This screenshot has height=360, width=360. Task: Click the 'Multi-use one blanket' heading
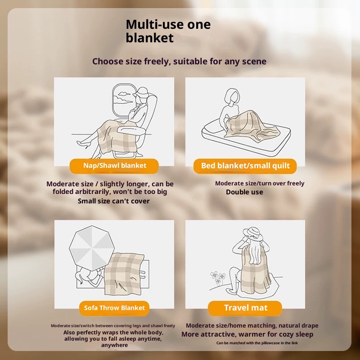click(168, 31)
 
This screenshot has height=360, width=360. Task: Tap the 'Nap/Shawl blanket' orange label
click(114, 166)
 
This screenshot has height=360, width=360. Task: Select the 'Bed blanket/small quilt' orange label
click(245, 166)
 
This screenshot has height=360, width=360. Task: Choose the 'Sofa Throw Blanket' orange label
click(114, 308)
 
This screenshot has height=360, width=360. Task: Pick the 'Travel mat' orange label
click(245, 308)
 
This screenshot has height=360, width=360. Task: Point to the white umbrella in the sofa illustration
click(92, 247)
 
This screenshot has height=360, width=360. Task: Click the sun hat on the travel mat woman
click(253, 234)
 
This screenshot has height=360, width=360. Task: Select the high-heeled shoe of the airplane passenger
click(83, 144)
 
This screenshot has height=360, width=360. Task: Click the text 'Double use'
click(244, 192)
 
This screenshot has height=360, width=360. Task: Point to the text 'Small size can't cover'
click(114, 201)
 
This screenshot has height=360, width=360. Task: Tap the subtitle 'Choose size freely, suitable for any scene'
click(179, 62)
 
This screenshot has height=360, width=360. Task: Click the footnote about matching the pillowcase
click(257, 343)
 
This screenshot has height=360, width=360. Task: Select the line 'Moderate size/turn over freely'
click(260, 183)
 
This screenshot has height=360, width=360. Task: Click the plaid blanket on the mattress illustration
click(252, 126)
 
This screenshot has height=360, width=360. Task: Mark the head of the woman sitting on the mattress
click(232, 96)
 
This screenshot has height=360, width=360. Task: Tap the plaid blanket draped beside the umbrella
click(124, 274)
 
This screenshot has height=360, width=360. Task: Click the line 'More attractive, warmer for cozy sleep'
click(247, 334)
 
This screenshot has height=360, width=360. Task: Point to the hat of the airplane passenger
click(140, 92)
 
